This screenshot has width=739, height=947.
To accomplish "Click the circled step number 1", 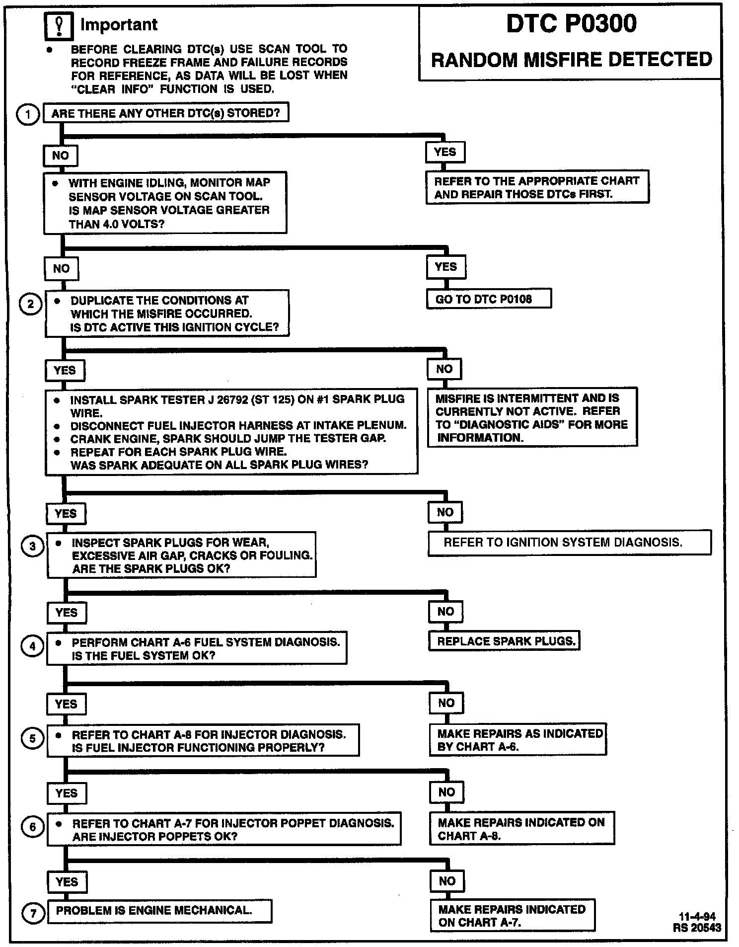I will click(x=28, y=115).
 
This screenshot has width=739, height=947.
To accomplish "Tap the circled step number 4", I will click(x=32, y=646).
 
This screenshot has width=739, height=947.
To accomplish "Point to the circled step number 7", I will click(x=33, y=913).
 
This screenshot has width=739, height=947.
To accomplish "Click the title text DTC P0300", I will click(x=571, y=24).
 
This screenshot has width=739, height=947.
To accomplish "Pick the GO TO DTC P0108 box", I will click(x=489, y=299).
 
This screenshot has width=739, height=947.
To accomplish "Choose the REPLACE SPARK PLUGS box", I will click(x=504, y=641).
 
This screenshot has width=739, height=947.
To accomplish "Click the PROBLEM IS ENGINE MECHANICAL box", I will click(x=159, y=911).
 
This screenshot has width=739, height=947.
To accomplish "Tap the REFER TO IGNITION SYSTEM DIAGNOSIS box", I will click(x=569, y=543).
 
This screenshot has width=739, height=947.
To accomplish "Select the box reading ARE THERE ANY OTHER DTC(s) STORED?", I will click(x=166, y=113).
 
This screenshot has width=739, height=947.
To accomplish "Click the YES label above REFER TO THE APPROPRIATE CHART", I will click(x=445, y=152).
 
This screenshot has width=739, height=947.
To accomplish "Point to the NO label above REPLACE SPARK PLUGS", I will click(x=445, y=612).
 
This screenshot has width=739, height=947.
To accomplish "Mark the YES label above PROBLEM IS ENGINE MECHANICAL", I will click(x=67, y=882).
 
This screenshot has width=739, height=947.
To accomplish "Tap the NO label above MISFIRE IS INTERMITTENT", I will click(x=444, y=369).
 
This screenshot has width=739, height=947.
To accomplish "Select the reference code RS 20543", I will click(x=697, y=928).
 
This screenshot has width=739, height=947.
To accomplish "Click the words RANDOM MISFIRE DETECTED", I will click(x=571, y=60).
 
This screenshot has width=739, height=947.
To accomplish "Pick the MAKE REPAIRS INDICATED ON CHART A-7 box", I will click(x=513, y=915).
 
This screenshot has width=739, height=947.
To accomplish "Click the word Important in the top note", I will click(x=119, y=25).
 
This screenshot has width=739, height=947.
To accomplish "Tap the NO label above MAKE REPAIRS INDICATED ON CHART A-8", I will click(x=446, y=792).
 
